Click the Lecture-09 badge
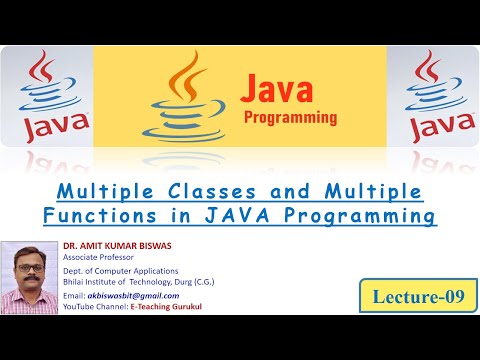click(418, 296)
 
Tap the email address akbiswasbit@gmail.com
click(133, 296)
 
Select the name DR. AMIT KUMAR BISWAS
click(117, 246)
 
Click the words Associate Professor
click(98, 257)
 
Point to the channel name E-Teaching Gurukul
click(166, 307)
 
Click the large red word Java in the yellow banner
click(277, 89)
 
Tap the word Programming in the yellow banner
click(290, 118)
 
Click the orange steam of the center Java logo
click(187, 77)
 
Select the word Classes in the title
click(212, 192)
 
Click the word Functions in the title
click(100, 215)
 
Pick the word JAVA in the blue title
click(237, 215)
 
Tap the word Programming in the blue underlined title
click(360, 217)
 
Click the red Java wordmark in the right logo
click(443, 127)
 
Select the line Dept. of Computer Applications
click(121, 271)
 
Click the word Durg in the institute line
click(183, 282)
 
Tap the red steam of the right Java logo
click(428, 67)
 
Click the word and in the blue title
click(289, 192)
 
